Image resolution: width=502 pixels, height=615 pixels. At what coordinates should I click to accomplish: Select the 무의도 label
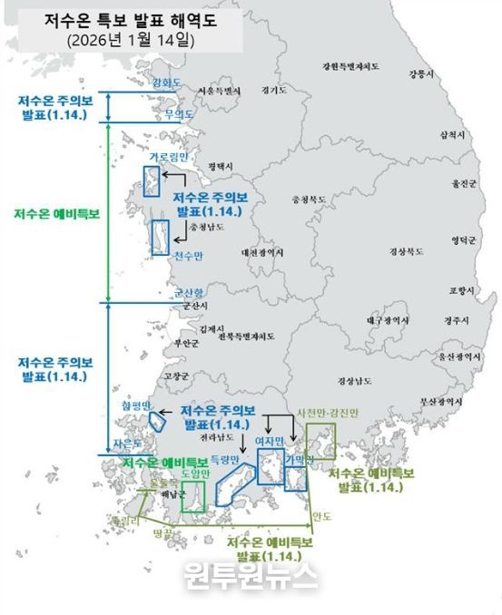coord(179,115)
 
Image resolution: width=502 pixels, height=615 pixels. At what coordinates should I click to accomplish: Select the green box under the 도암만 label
coord(192,495)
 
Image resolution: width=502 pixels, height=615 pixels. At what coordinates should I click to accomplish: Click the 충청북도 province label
coord(306,197)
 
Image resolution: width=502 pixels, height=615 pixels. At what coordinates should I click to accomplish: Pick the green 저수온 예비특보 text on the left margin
coord(56,215)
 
